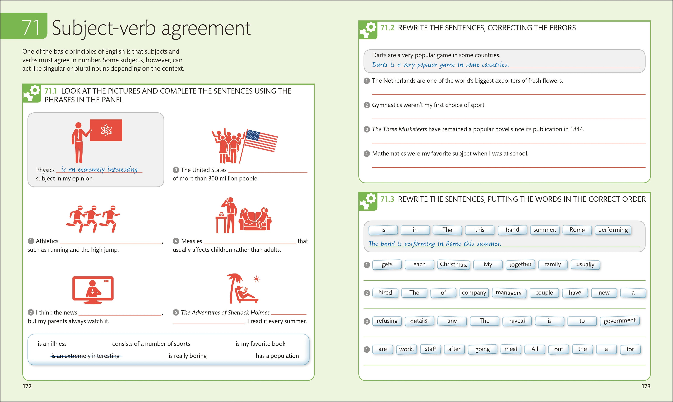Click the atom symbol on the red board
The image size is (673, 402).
[106, 130]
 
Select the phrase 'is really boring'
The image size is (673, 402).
[188, 356]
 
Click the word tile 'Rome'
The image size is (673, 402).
[577, 230]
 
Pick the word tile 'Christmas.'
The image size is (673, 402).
[453, 264]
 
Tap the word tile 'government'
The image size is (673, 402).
[620, 321]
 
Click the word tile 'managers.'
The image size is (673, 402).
[509, 293]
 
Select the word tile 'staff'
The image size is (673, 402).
[430, 349]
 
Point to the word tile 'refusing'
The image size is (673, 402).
[387, 321]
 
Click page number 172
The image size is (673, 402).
[27, 386]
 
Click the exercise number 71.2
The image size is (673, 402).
[387, 28]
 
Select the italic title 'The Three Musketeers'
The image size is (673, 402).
[399, 129]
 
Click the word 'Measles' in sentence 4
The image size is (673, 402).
[191, 241]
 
